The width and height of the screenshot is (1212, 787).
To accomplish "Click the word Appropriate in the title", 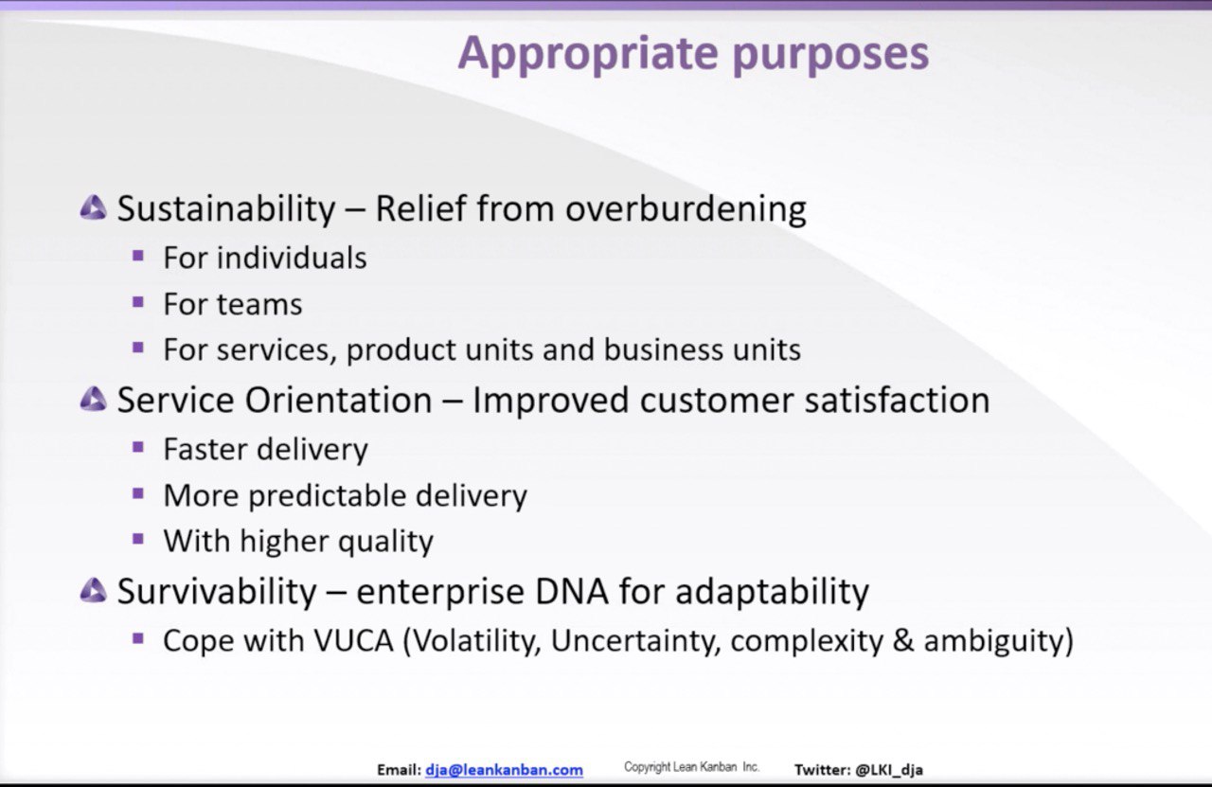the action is tap(588, 54).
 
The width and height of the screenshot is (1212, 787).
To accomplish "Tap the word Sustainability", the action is tap(226, 209).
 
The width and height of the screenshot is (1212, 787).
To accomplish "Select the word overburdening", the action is tap(686, 209).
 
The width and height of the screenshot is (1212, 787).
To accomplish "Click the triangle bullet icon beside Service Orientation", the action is tap(93, 399).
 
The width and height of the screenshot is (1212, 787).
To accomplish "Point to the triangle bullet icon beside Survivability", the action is tap(93, 590).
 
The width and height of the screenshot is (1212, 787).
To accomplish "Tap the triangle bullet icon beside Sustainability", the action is tap(93, 207).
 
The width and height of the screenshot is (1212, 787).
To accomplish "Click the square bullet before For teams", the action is tap(138, 301).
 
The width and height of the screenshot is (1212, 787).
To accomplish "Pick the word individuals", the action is tap(293, 258).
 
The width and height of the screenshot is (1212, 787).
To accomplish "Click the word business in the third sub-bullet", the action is tap(664, 349).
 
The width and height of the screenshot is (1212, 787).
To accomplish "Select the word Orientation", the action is tap(338, 400).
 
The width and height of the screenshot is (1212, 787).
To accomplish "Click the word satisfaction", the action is tap(897, 400).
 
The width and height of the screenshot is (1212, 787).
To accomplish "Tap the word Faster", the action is tap(205, 449).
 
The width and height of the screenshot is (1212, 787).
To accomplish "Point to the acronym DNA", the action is tap(572, 591).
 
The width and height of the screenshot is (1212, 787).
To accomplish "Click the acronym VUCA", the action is tap(354, 641).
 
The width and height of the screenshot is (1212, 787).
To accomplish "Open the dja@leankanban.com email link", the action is tap(505, 770).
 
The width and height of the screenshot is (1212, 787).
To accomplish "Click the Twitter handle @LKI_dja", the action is tap(889, 770).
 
